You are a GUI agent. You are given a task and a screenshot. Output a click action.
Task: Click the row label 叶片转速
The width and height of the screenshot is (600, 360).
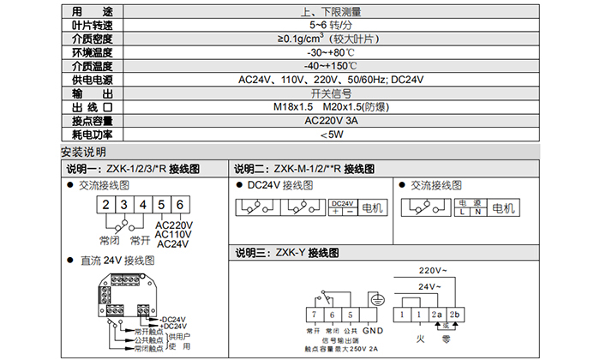[92, 25]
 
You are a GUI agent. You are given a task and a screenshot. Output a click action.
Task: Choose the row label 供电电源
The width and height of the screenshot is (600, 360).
[92, 79]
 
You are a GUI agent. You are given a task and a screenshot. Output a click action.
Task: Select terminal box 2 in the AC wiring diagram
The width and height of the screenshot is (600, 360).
[105, 205]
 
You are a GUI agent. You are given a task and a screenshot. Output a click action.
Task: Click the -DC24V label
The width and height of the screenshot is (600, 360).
[172, 319]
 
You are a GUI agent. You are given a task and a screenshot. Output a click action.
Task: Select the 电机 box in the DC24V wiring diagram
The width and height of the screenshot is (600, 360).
[374, 208]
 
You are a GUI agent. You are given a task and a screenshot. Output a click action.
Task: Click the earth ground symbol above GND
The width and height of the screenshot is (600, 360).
[374, 301]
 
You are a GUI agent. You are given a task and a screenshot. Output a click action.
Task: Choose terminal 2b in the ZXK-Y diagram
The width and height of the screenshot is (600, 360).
[455, 315]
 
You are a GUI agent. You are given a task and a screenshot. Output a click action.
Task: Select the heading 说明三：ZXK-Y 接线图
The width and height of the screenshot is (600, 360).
[286, 254]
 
